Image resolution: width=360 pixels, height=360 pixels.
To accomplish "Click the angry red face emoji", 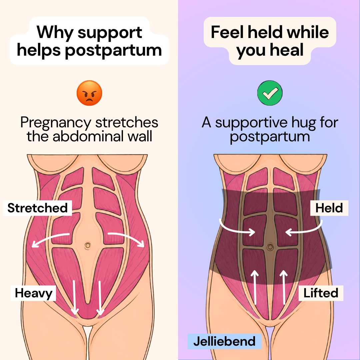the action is (x=89, y=93).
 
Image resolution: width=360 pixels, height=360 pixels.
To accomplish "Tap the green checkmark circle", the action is (x=270, y=93).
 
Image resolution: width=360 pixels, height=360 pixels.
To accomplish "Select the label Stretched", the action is (x=38, y=208).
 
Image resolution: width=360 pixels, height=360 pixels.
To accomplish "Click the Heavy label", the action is (x=34, y=293).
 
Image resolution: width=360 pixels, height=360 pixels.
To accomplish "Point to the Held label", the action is (x=329, y=208).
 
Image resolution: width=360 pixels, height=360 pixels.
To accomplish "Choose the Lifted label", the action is (x=321, y=293).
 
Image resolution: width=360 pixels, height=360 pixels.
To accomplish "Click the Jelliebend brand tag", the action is (x=225, y=341).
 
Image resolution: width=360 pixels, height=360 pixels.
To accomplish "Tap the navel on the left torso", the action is (x=87, y=246).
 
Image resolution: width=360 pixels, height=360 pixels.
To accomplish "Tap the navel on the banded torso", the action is (x=270, y=247).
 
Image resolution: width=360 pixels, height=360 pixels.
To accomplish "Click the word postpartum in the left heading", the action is (x=113, y=51).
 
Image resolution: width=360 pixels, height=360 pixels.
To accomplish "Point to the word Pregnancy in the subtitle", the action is (x=56, y=123).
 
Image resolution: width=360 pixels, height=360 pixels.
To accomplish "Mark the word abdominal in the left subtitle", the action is (x=89, y=136).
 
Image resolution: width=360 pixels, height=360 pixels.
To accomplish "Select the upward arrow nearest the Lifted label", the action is (x=284, y=287).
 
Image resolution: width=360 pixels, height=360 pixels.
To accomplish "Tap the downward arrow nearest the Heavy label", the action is (x=74, y=298).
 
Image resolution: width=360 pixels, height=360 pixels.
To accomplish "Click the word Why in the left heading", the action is (x=55, y=33).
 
